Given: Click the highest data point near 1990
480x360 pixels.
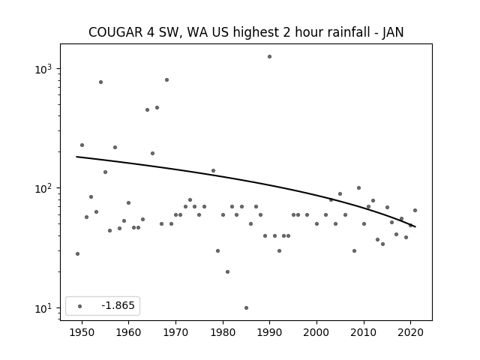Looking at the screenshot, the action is pos(269,57).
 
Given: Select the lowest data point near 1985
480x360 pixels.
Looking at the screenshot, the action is pos(246,308).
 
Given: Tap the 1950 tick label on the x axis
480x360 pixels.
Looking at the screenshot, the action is pos(82,332).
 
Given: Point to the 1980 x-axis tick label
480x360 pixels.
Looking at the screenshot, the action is pos(223,332).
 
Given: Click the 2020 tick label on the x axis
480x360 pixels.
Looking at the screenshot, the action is pos(410,332).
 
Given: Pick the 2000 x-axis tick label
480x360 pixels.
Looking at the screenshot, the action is pos(316,332).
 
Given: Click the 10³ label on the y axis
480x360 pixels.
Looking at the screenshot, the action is pos(43,69).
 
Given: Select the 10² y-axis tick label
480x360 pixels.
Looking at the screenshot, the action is pos(43,188).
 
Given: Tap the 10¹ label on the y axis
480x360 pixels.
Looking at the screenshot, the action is pos(43,308).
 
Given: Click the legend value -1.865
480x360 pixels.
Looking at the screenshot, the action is pos(118,305).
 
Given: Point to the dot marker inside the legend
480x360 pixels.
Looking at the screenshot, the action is pos(79,306).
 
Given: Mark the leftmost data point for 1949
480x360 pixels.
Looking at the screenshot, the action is pos(77,253).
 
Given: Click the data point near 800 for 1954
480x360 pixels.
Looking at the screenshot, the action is pos(100,82).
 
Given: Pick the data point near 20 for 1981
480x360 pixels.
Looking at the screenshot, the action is pos(227,271).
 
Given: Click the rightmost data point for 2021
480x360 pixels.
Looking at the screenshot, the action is pos(415,210).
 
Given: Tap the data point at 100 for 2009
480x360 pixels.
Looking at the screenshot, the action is pos(358,188).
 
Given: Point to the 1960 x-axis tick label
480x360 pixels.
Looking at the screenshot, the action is pos(128,332).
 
